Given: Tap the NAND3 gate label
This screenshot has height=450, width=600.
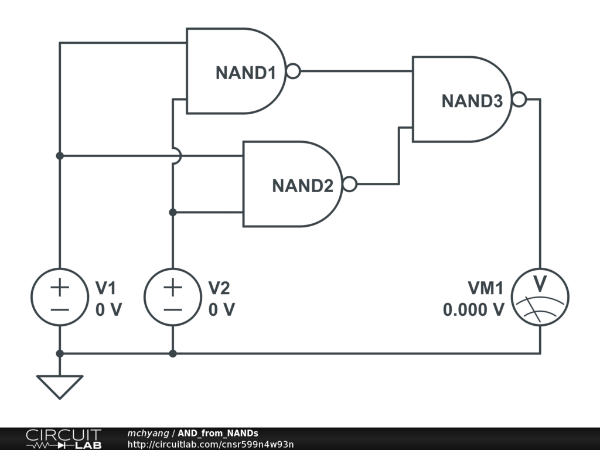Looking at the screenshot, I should pyautogui.click(x=472, y=101).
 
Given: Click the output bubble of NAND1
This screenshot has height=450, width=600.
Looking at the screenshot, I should pyautogui.click(x=293, y=71).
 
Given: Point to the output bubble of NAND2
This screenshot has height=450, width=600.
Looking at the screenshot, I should pyautogui.click(x=349, y=185).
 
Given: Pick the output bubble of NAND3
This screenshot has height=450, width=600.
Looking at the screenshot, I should pyautogui.click(x=519, y=100).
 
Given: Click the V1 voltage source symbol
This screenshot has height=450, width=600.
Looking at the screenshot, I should pyautogui.click(x=60, y=297).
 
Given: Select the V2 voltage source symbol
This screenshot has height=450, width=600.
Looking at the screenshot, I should pyautogui.click(x=173, y=297).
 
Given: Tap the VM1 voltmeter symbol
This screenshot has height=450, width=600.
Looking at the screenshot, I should pyautogui.click(x=540, y=297).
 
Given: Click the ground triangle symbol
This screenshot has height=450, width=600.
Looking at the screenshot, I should pyautogui.click(x=60, y=386).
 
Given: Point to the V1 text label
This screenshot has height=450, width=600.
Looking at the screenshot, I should pyautogui.click(x=106, y=288).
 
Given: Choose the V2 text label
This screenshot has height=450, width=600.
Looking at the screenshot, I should pyautogui.click(x=220, y=288).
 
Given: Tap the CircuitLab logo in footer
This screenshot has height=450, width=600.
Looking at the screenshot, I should pyautogui.click(x=63, y=439).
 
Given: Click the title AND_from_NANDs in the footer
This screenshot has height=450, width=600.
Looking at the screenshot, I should pyautogui.click(x=217, y=433).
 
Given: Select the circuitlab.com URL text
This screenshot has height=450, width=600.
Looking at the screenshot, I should pyautogui.click(x=210, y=444).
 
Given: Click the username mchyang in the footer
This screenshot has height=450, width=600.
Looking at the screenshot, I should pyautogui.click(x=148, y=433).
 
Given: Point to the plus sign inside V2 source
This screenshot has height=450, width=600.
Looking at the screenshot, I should pyautogui.click(x=173, y=287).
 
